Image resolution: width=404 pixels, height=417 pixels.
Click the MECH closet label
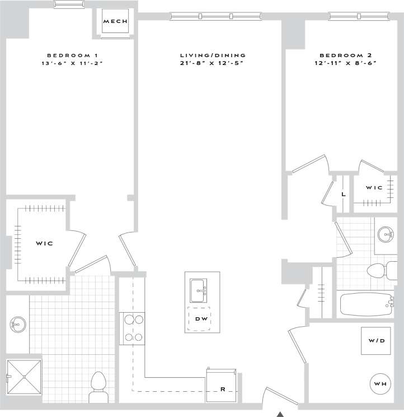(x=116, y=22)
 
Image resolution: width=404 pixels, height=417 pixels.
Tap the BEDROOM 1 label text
(x=73, y=55)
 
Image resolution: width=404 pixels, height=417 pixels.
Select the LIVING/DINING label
(x=213, y=55)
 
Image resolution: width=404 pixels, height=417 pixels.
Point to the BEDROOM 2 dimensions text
(x=346, y=63)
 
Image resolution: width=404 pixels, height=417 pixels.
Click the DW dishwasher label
(x=201, y=319)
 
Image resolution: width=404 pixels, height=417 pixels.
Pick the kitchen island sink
(x=198, y=290)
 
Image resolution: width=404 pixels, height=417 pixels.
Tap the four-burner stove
(x=132, y=328)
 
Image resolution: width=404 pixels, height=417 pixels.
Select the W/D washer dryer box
(x=375, y=340)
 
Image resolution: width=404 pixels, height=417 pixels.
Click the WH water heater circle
(x=379, y=383)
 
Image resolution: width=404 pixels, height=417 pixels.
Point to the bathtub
(x=367, y=304)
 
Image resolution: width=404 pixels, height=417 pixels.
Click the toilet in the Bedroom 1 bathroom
(x=98, y=386)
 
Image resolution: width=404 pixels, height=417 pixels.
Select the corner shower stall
(x=24, y=378)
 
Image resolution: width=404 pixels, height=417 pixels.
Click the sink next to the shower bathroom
(x=18, y=323)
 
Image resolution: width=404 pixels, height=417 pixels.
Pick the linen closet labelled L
(x=342, y=194)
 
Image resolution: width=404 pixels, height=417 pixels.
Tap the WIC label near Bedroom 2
(x=375, y=188)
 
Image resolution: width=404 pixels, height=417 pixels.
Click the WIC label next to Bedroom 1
(x=44, y=244)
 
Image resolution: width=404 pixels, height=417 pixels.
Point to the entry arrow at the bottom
(x=281, y=414)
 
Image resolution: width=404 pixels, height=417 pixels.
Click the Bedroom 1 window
(x=70, y=4)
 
